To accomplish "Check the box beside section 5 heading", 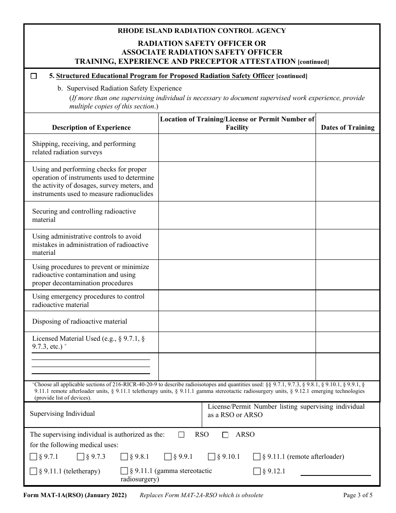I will [x=34, y=76].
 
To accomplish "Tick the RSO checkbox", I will [x=181, y=435].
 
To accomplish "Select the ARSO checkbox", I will [x=226, y=435].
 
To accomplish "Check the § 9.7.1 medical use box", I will [x=33, y=457].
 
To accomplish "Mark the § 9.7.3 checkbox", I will [x=81, y=457].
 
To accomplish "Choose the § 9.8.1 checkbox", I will [x=124, y=457].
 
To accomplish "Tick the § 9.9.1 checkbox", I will [x=168, y=457].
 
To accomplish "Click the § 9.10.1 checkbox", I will [x=211, y=457].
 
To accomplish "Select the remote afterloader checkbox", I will [x=257, y=457].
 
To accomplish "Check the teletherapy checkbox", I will [x=33, y=471].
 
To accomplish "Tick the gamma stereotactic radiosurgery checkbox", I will [x=124, y=471].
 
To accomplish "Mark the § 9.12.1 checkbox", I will [x=257, y=471].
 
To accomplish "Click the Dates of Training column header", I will [x=348, y=128].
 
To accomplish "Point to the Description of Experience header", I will [x=91, y=128].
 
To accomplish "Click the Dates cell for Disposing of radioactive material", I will [x=348, y=322].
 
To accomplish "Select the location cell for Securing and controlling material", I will [x=237, y=215].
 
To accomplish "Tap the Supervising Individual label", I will [x=63, y=414].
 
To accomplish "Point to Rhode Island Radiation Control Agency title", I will [x=202, y=30].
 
